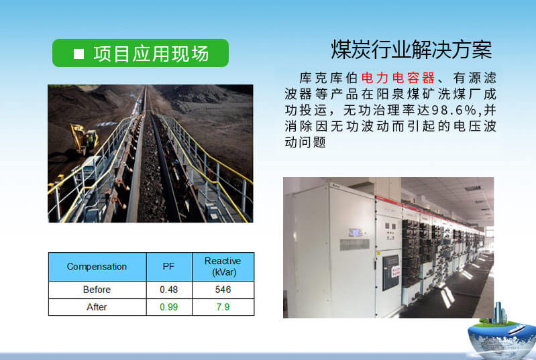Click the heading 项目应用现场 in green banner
click(x=151, y=54)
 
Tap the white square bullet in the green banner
click(x=78, y=54)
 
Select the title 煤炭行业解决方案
click(x=411, y=49)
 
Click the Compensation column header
click(x=97, y=267)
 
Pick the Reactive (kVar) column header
click(x=223, y=267)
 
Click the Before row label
click(x=97, y=290)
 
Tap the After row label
click(x=97, y=307)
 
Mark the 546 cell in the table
click(x=223, y=290)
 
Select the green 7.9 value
click(x=223, y=307)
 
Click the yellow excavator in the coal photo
click(x=85, y=139)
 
